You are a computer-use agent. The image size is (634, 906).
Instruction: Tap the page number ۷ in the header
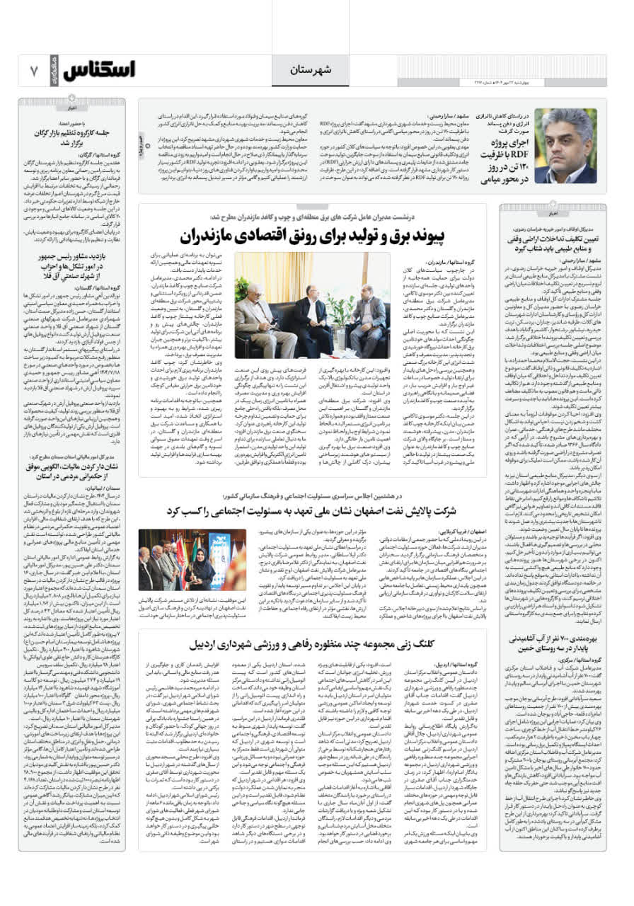(33, 71)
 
